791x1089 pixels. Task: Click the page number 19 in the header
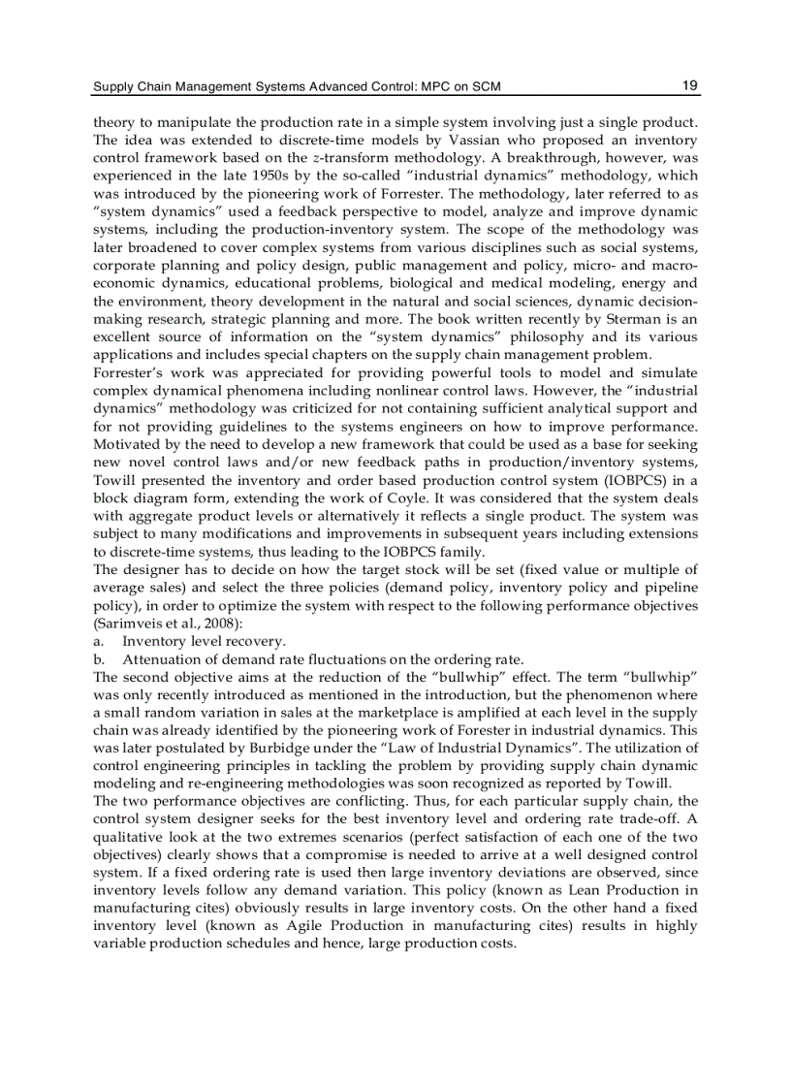[x=689, y=85]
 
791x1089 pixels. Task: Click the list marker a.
[x=98, y=642]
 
